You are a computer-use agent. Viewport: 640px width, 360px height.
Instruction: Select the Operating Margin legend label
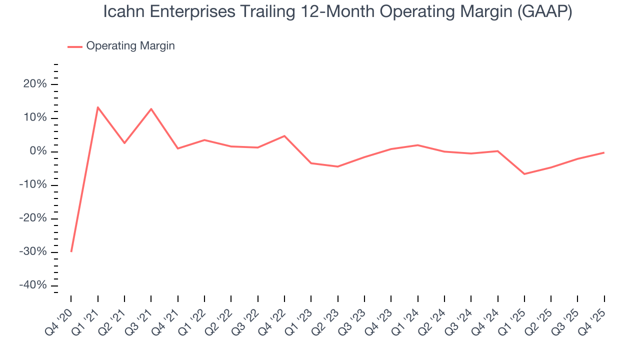tap(130, 46)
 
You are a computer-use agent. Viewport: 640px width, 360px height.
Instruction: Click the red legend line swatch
tap(75, 46)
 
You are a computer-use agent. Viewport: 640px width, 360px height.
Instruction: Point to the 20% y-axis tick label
tap(35, 84)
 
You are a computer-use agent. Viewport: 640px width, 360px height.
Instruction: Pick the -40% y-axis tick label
tap(33, 285)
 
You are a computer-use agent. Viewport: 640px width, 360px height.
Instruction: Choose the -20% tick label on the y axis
tap(33, 218)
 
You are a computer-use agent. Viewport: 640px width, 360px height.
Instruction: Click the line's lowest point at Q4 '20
tap(71, 251)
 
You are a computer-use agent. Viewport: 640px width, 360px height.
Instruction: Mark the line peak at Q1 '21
tap(97, 107)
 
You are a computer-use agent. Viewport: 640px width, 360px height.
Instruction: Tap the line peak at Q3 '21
tap(151, 108)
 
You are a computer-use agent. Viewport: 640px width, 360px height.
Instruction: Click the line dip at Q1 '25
tap(524, 174)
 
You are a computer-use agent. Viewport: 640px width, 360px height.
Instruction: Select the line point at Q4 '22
tap(284, 136)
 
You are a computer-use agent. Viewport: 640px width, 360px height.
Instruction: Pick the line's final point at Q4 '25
tap(604, 152)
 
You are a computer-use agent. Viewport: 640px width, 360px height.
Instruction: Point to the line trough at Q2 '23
tap(337, 166)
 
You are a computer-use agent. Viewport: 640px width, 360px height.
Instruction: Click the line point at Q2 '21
tap(124, 143)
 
